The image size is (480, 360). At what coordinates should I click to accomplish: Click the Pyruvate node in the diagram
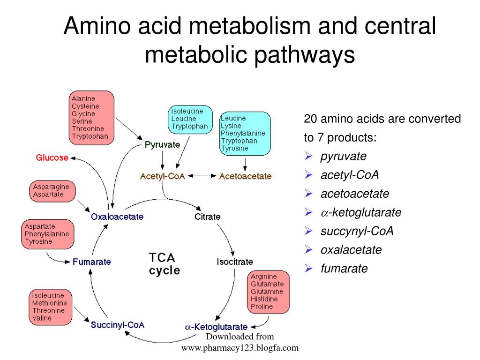pos(162,145)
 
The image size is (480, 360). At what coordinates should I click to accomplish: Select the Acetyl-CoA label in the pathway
pos(162,176)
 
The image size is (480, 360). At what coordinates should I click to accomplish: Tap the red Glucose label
pos(52,158)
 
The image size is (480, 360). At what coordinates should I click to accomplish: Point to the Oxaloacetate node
pos(117,217)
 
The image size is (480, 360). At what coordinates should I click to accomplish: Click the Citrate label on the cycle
pos(207,217)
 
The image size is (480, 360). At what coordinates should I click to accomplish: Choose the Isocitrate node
pos(234,262)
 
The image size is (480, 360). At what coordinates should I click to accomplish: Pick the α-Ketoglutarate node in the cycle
pos(217,327)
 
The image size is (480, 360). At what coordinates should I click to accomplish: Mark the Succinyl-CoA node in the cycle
pos(118,324)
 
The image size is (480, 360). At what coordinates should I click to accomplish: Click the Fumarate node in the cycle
pos(92,262)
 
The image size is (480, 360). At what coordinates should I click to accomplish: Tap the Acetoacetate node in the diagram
pos(245,176)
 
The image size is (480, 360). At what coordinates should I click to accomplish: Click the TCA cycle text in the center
pos(164,264)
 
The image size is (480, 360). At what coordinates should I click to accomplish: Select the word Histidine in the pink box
pos(264,299)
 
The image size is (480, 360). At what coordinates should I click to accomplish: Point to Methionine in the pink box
pos(49,303)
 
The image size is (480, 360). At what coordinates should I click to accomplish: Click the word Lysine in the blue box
pos(231,126)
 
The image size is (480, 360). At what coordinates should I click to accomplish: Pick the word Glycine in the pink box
pos(83,114)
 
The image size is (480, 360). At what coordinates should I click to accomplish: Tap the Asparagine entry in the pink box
pos(51,187)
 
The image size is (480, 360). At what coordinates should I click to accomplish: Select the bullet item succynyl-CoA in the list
pos(357,231)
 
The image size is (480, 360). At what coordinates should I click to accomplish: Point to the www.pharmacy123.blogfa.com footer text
pos(240,348)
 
